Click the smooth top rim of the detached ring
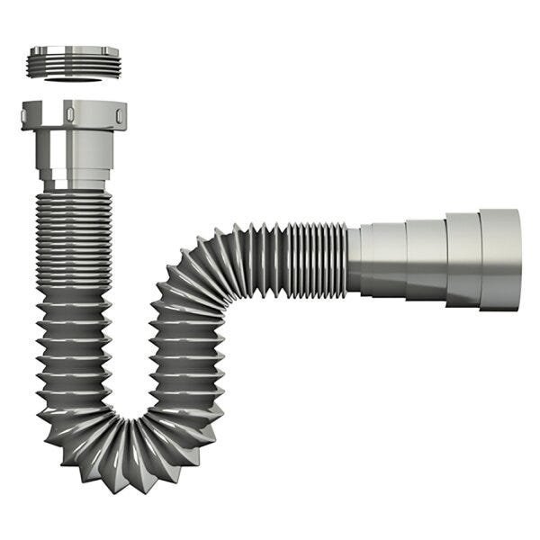tap(74, 50)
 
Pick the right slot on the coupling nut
tap(117, 115)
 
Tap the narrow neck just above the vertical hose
tap(74, 183)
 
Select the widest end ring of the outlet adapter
tap(499, 259)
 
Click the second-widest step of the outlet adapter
tap(463, 259)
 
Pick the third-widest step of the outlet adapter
tap(425, 259)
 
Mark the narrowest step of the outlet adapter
tap(383, 259)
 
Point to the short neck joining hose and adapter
tap(354, 259)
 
